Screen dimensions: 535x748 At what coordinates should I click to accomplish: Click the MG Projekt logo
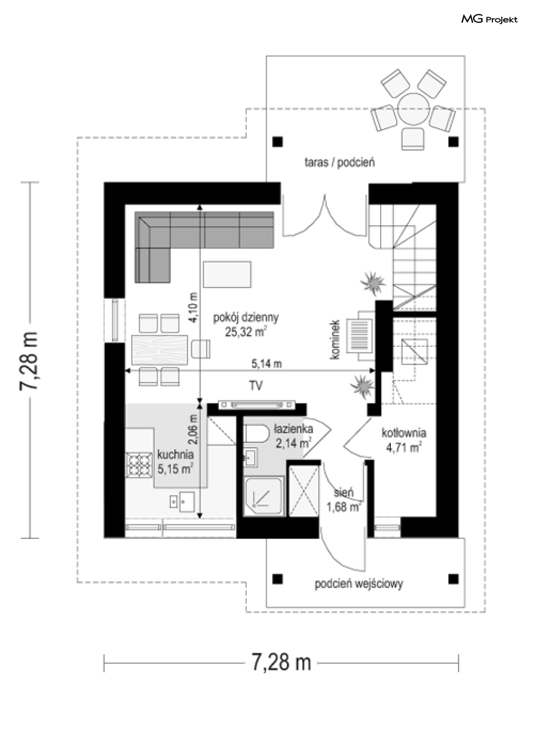click(x=489, y=19)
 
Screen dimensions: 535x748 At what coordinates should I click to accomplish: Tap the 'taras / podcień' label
click(x=339, y=163)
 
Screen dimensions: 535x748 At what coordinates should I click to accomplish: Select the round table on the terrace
click(x=413, y=109)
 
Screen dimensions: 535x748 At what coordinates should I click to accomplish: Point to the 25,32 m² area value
click(x=246, y=332)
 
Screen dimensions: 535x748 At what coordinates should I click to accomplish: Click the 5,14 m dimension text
click(x=266, y=364)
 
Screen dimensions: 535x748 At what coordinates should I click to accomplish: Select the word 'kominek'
click(x=335, y=340)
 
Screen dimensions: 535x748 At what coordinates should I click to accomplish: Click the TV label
click(x=255, y=386)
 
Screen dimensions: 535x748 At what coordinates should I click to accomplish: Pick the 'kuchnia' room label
click(x=175, y=455)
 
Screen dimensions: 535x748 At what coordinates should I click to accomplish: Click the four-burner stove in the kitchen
click(x=138, y=464)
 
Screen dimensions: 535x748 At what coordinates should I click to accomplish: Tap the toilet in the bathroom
click(x=256, y=434)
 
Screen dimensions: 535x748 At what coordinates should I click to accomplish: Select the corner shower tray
click(x=263, y=497)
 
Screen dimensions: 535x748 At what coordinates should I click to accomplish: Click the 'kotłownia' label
click(x=404, y=433)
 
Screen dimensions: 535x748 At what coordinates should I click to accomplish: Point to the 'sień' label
click(x=344, y=493)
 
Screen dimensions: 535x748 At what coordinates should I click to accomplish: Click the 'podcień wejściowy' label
click(x=359, y=584)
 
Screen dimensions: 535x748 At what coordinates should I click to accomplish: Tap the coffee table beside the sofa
click(x=226, y=275)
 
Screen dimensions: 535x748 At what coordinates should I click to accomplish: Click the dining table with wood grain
click(x=159, y=350)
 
